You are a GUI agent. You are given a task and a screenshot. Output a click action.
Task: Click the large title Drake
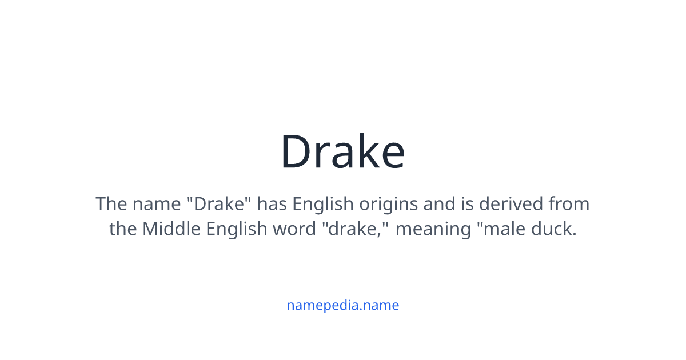[x=342, y=152]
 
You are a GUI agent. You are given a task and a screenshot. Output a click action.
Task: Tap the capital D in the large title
[x=297, y=152]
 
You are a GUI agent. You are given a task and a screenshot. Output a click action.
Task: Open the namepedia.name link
[x=342, y=305]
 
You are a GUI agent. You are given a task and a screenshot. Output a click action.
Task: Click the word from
[x=569, y=204]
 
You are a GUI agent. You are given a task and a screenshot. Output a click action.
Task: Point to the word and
[x=445, y=204]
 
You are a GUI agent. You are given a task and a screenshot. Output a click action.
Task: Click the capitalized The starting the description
[x=110, y=204]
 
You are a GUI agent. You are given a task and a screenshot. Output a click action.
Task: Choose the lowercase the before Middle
[x=123, y=229]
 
